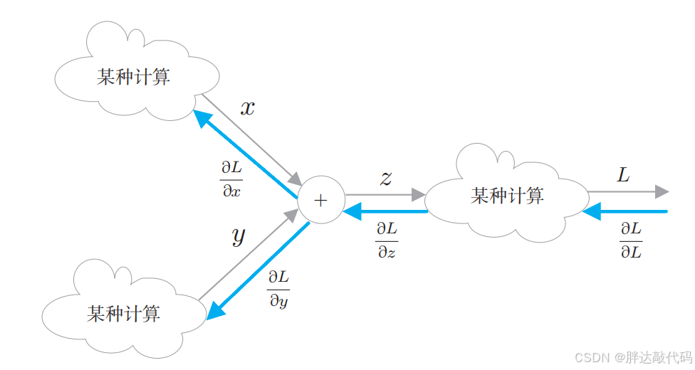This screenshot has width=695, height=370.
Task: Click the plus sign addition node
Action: [320, 201]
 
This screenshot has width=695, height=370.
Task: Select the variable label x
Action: [247, 109]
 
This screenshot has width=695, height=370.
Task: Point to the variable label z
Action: [386, 178]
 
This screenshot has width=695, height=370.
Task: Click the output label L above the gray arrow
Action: [623, 175]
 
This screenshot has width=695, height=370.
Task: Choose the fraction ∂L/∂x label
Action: [231, 179]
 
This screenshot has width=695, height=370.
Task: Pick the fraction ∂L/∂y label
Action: [278, 288]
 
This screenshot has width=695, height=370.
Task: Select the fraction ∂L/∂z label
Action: [387, 240]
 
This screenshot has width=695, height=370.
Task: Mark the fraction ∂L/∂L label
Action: [630, 240]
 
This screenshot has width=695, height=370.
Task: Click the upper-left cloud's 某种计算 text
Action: [134, 77]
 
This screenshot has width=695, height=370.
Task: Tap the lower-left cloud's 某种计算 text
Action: [124, 313]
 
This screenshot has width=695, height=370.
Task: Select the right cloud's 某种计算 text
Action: [507, 196]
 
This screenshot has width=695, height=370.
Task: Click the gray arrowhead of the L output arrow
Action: [662, 191]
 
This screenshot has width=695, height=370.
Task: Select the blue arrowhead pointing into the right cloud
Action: [590, 211]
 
